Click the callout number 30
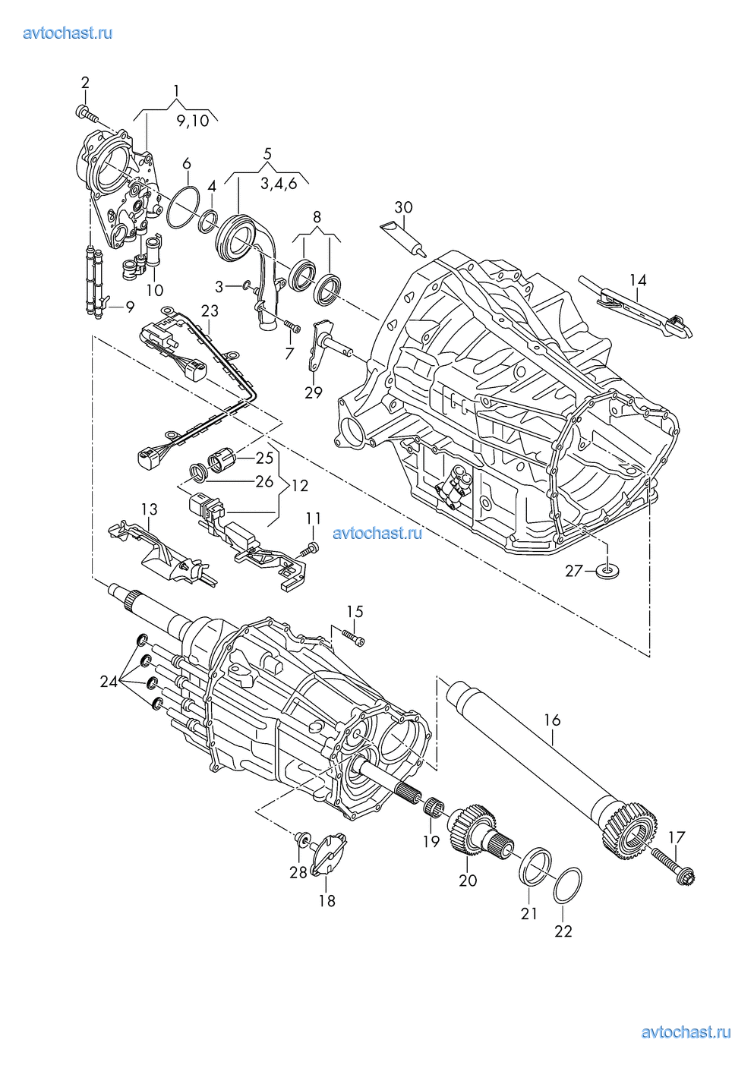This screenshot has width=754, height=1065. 403,207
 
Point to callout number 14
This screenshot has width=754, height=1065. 638,280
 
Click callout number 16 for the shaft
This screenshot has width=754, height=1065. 552,720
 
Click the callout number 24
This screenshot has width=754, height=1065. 109,682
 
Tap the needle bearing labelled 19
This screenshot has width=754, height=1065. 434,806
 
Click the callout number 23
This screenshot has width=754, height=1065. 209,310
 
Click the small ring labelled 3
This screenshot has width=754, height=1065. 243,285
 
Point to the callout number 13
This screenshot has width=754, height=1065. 149,509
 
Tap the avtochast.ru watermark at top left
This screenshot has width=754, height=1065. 68,33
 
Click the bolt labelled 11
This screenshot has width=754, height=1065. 310,548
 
